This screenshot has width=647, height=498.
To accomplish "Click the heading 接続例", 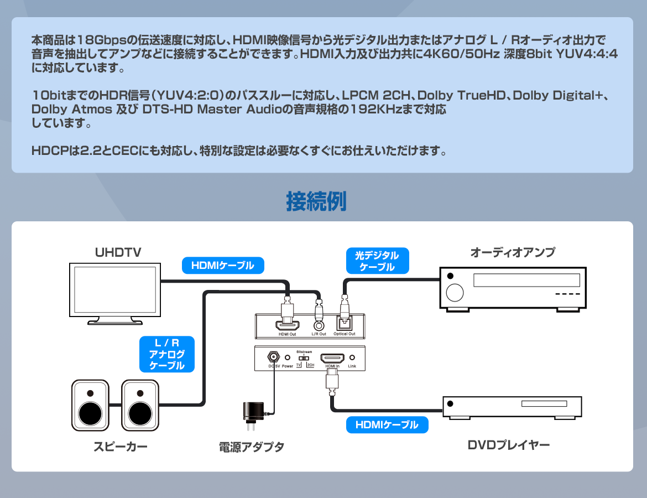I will [x=316, y=202].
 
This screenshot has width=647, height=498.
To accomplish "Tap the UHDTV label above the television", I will [x=118, y=253].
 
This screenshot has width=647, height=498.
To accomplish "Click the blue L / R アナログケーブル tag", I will [x=167, y=354].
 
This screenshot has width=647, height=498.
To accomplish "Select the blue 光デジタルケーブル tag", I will [x=378, y=261].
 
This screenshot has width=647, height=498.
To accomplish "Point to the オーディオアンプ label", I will [x=512, y=252].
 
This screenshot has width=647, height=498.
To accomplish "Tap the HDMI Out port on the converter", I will [x=288, y=325].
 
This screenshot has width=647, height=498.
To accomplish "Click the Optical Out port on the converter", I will [x=345, y=323].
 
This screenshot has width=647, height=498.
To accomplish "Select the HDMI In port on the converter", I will [x=332, y=357].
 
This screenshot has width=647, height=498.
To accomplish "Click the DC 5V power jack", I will [x=273, y=357].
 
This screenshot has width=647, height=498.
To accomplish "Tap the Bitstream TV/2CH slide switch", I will [x=304, y=358].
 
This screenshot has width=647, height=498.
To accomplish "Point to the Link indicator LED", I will [x=352, y=357].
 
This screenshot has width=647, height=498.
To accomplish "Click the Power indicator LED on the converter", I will [x=287, y=357].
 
